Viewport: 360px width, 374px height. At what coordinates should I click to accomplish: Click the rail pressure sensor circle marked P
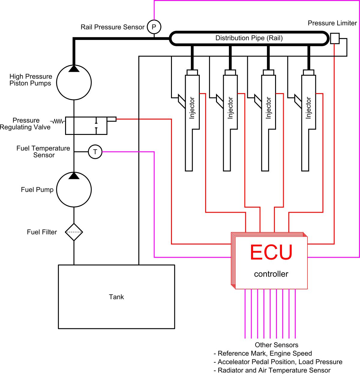[x=154, y=27]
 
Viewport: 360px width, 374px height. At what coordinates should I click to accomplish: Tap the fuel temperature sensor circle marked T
[x=95, y=152]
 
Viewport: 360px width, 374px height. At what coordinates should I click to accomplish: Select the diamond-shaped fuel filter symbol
[x=74, y=232]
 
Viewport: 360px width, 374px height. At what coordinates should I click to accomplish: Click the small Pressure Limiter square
[x=334, y=38]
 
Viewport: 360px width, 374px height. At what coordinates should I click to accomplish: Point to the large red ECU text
[x=271, y=253]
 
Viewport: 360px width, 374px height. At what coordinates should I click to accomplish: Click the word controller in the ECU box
[x=271, y=274]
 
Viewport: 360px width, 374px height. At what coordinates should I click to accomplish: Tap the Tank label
[x=116, y=297]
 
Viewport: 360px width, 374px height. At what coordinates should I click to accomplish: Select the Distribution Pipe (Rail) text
[x=249, y=38]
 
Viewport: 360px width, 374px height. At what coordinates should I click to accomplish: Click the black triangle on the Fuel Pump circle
[x=74, y=176]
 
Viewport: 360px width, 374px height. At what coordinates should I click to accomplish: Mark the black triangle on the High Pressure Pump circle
[x=74, y=69]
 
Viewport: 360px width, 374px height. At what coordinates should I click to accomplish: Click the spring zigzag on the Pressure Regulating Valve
[x=58, y=121]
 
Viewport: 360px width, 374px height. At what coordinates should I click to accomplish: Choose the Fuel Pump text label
[x=37, y=190]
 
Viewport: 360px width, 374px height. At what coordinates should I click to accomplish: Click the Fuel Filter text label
[x=42, y=232]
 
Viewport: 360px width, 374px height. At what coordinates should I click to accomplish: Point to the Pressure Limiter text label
[x=332, y=23]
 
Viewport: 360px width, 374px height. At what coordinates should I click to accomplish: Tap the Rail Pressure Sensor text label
[x=112, y=27]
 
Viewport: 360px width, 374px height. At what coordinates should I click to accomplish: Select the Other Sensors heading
[x=276, y=345]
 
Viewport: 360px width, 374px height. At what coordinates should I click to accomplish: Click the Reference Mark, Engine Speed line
[x=263, y=354]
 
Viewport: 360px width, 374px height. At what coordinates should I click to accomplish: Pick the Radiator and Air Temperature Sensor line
[x=272, y=370]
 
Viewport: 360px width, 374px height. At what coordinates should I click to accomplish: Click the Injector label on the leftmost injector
[x=192, y=108]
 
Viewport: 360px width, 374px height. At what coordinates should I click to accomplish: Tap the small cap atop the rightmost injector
[x=308, y=72]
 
